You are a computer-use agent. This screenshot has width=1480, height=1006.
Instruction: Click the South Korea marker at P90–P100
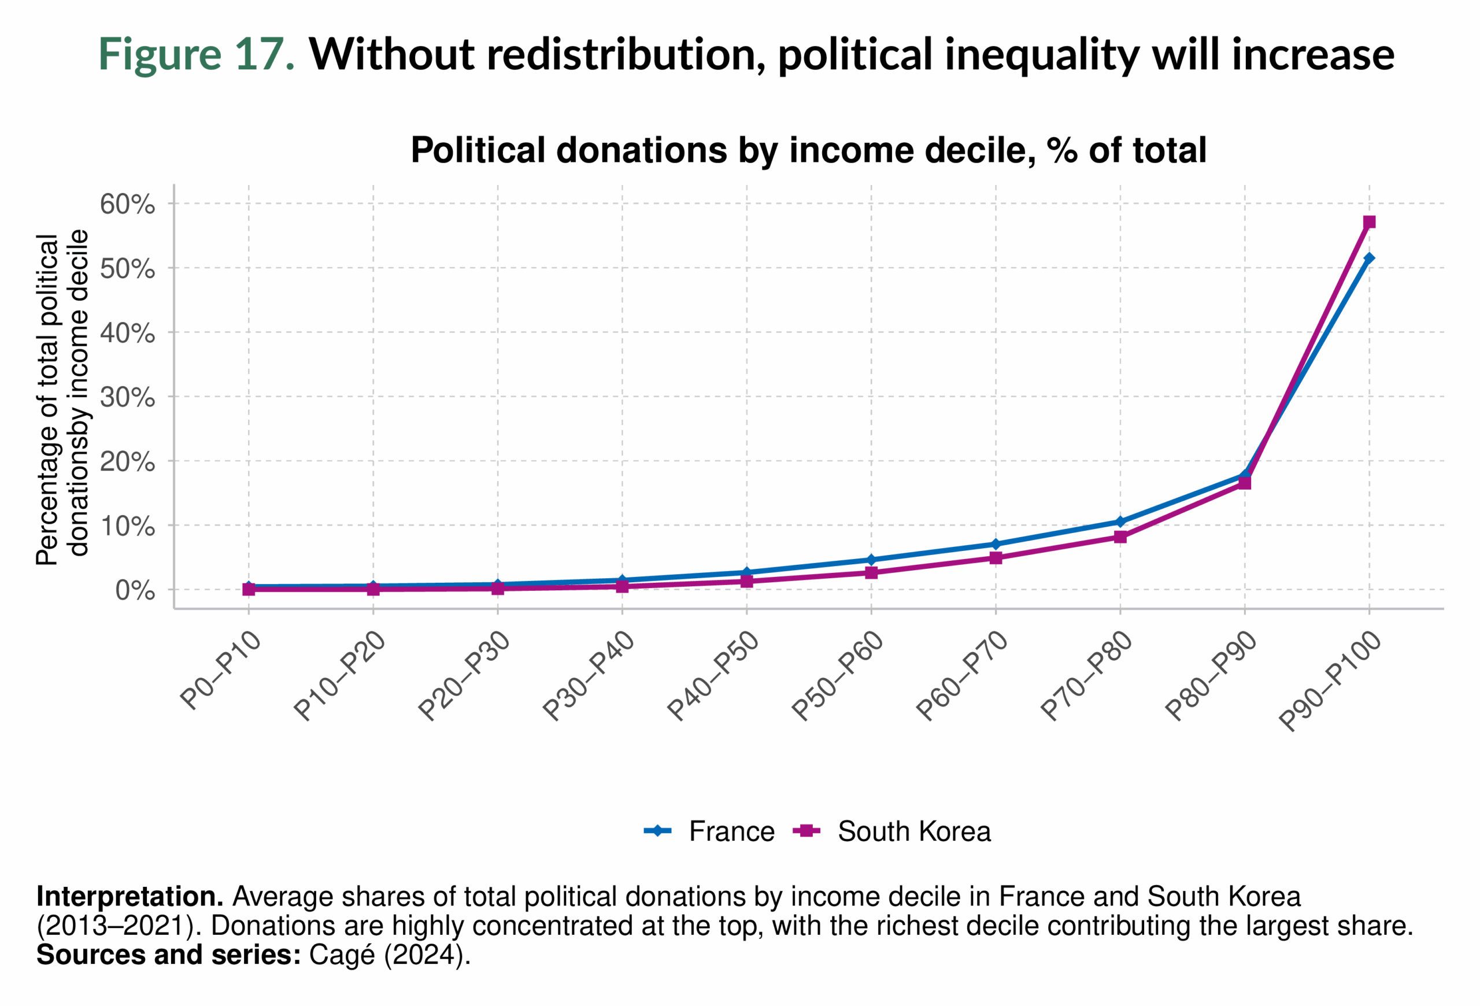coord(1369,221)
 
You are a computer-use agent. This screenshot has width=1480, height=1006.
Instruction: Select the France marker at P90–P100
coord(1369,258)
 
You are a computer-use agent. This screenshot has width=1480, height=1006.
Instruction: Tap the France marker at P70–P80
coord(1120,522)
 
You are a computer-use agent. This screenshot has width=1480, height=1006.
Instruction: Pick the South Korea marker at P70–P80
coord(1120,537)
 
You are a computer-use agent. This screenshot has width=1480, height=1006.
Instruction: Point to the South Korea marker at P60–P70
coord(996,558)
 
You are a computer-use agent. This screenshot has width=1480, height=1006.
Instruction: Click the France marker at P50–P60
coord(871,560)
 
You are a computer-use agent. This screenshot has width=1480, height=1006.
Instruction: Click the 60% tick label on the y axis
coord(127,205)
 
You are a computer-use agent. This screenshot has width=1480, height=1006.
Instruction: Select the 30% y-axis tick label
coord(127,397)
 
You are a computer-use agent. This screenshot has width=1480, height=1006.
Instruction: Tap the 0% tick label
coord(135,591)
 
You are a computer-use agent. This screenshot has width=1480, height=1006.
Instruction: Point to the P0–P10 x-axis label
coord(221,670)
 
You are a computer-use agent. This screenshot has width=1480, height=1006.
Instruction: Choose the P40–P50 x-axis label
coord(713,676)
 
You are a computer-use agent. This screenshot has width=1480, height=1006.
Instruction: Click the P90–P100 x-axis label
coord(1330,681)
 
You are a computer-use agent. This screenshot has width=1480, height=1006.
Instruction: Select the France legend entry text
coord(732,831)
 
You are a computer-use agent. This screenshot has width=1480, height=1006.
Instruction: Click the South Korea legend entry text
coord(914,831)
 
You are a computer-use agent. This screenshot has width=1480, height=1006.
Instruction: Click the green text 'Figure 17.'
coord(196,54)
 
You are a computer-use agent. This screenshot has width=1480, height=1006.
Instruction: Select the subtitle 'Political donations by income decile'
coord(808,150)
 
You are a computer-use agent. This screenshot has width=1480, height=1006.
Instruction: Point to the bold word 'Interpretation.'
coord(130,897)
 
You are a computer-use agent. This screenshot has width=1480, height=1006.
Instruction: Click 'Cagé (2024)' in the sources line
coord(389,955)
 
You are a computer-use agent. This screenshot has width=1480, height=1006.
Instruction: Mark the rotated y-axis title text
coord(62,398)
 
